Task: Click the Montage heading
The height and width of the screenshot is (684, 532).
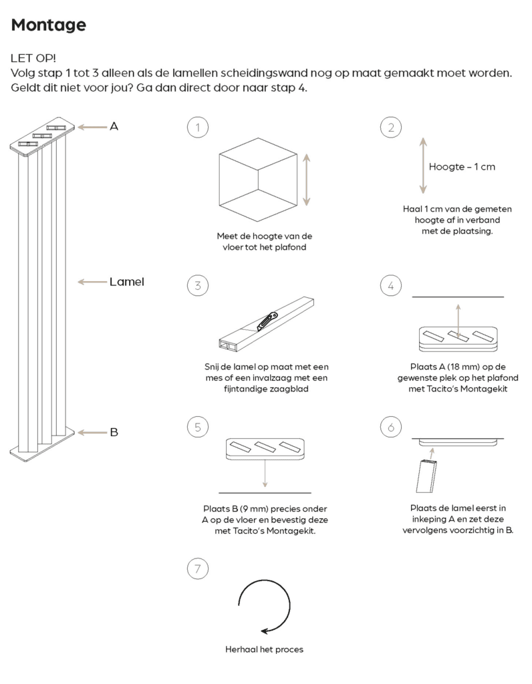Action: pyautogui.click(x=48, y=25)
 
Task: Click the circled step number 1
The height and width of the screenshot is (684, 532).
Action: pyautogui.click(x=197, y=127)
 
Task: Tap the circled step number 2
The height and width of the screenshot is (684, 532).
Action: pyautogui.click(x=390, y=127)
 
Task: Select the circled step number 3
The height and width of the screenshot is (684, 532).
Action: pyautogui.click(x=197, y=286)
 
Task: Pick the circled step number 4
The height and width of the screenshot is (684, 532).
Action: pyautogui.click(x=390, y=286)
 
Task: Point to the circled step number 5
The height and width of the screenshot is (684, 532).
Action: pyautogui.click(x=197, y=426)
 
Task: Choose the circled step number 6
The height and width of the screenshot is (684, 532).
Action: pyautogui.click(x=390, y=426)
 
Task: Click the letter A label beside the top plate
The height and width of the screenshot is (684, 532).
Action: pyautogui.click(x=114, y=126)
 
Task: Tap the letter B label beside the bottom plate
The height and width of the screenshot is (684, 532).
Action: pyautogui.click(x=114, y=432)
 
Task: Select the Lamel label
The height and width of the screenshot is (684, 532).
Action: pyautogui.click(x=127, y=282)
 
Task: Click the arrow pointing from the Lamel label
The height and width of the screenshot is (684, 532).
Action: pyautogui.click(x=92, y=282)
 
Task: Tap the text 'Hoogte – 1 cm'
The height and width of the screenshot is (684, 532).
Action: pyautogui.click(x=462, y=166)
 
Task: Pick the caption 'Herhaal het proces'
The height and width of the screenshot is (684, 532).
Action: pyautogui.click(x=265, y=649)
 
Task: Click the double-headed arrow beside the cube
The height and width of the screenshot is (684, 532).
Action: pyautogui.click(x=307, y=178)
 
